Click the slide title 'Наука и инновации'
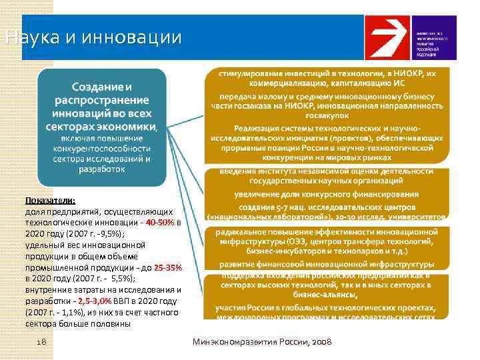[x=92, y=37]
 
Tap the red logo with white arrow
[x=386, y=37]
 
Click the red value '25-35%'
[x=167, y=267]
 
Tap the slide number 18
[x=41, y=342]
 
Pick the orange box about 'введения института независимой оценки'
[x=327, y=176]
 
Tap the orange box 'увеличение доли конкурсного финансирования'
[x=327, y=195]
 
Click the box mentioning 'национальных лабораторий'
[x=327, y=213]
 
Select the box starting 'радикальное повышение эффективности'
[x=327, y=241]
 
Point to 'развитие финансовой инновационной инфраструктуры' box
[x=327, y=264]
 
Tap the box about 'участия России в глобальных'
[x=327, y=312]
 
